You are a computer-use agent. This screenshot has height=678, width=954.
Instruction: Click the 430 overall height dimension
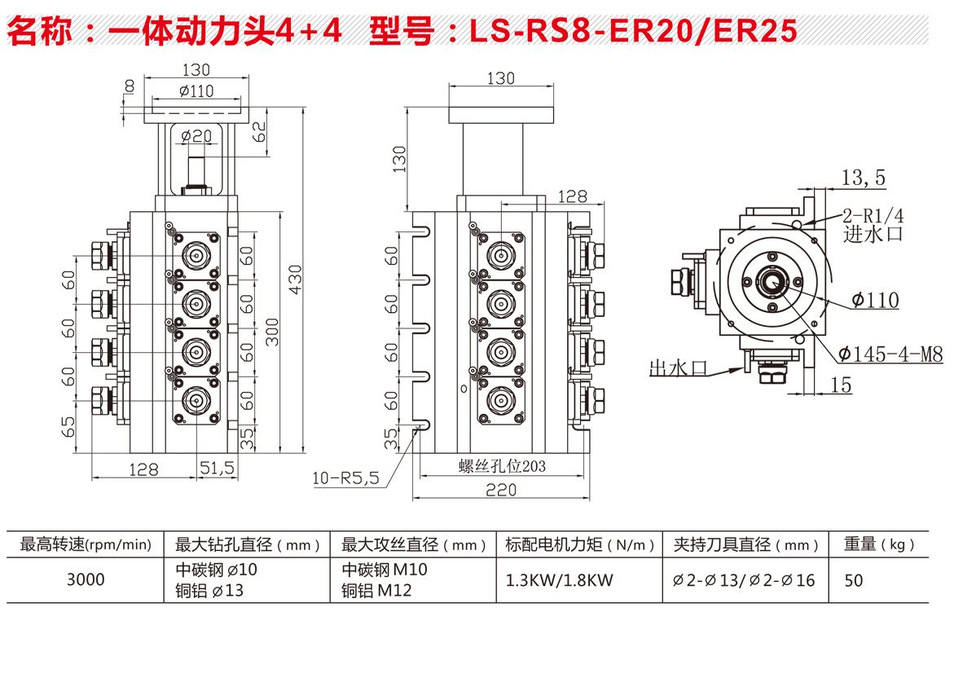[x=296, y=280]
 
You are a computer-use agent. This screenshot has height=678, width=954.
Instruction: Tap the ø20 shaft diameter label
[x=196, y=136]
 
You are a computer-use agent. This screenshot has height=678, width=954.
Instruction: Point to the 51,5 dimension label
[x=217, y=468]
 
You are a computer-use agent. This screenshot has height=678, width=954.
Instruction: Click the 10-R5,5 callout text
[x=346, y=478]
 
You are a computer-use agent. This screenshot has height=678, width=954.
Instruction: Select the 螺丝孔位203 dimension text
[x=502, y=466]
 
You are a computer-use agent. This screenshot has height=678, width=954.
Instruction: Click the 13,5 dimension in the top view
[x=864, y=178]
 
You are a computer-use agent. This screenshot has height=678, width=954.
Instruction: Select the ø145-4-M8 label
[x=890, y=354]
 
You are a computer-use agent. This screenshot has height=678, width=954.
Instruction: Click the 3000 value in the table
[x=86, y=580]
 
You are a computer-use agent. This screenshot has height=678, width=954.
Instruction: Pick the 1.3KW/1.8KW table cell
[x=559, y=580]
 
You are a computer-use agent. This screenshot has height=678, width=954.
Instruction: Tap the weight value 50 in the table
[x=854, y=580]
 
